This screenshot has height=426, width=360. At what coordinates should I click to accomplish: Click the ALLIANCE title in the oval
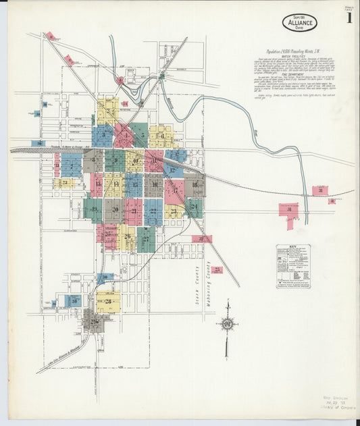coord(297,22)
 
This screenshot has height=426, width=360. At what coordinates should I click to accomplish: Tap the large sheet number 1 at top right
coord(349,18)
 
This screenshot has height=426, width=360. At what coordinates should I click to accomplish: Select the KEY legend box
coord(293,267)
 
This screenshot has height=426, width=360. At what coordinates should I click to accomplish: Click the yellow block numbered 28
coord(108,301)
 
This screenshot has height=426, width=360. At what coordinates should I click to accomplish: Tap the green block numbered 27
coord(146,239)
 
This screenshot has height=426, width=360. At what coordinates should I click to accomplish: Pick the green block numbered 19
coord(93,210)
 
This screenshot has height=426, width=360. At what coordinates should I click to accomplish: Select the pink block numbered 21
coord(133,211)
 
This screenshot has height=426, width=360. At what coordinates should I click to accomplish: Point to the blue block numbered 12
coord(173,170)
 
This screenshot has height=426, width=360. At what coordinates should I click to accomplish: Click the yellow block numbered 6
coord(162,136)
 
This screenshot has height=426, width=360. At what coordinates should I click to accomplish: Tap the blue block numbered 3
coord(103,135)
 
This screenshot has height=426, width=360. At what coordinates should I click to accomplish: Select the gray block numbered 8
coord(93,161)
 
